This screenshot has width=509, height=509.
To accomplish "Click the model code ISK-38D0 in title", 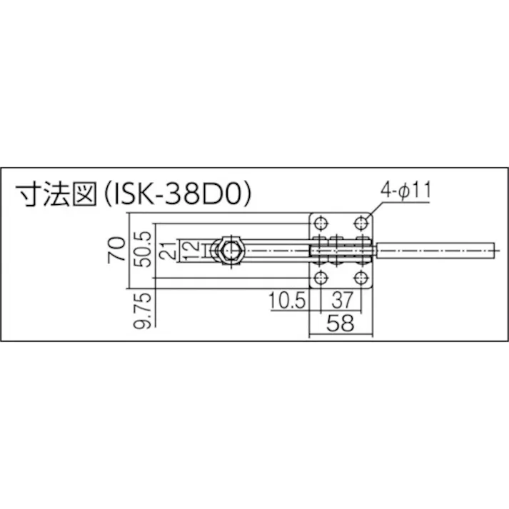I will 181,196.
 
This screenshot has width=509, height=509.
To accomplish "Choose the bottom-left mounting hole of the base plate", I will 321,278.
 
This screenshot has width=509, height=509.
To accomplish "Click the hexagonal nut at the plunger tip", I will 231,251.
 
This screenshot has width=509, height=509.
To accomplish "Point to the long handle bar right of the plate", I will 435,251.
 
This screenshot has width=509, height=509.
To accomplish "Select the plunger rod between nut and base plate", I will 278,251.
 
